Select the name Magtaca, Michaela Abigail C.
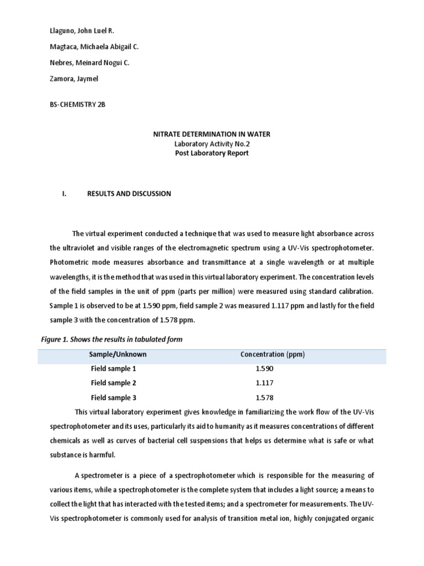coord(94,48)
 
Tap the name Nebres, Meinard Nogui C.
coord(89,63)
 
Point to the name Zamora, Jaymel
coord(74,79)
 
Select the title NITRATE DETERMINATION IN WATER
coord(211,134)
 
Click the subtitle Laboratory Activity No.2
coord(211,144)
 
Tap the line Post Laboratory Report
coord(211,153)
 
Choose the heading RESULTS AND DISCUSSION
coord(129,194)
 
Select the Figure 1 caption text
coord(112,339)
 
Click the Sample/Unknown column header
coord(119,354)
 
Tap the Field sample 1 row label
coord(113,368)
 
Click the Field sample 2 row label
coord(113,382)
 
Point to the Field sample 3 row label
coord(113,397)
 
